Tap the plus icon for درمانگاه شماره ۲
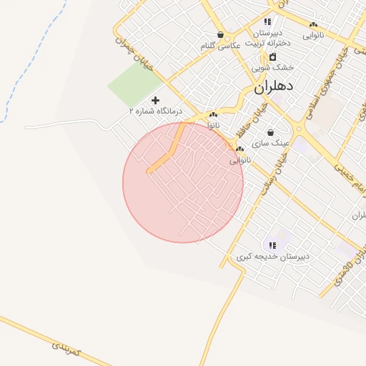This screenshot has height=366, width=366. click(155, 100)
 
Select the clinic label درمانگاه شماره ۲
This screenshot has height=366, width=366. click(155, 112)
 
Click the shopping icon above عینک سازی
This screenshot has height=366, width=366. click(270, 132)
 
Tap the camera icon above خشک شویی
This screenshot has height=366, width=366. click(272, 56)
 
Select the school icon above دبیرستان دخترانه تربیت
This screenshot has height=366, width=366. click(267, 22)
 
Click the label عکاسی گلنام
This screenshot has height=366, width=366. click(220, 45)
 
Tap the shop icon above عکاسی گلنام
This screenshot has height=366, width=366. click(220, 34)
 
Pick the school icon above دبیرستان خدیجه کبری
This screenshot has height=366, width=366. click(272, 245)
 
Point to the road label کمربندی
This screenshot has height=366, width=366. click(69, 349)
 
